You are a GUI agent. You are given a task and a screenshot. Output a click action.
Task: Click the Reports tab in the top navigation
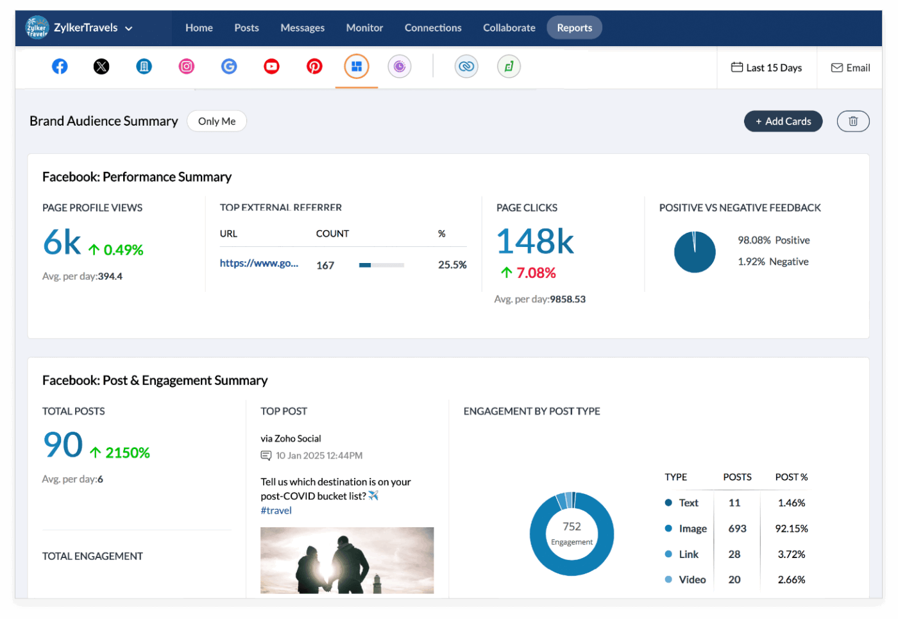tap(574, 28)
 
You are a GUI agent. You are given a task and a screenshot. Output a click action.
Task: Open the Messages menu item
tap(302, 28)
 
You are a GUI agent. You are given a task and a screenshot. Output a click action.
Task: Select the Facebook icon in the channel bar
tap(60, 66)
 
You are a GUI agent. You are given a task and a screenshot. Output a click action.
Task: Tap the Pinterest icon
tap(314, 66)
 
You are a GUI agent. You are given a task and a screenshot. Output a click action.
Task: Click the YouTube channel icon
tap(271, 66)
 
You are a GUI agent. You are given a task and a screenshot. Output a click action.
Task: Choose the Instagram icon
tap(187, 66)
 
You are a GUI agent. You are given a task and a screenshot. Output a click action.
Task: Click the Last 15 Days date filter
tap(767, 67)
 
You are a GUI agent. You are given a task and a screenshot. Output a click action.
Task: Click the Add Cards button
tap(783, 121)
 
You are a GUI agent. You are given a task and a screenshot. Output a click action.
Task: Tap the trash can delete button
tap(852, 121)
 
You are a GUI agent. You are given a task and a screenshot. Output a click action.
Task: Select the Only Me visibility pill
tap(217, 121)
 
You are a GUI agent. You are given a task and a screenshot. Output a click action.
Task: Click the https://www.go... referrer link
tap(258, 263)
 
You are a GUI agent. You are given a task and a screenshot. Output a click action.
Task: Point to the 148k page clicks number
tap(535, 241)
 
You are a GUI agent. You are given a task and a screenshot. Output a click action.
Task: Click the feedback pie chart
tap(695, 252)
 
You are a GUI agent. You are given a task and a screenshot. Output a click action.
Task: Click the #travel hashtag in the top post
tap(276, 511)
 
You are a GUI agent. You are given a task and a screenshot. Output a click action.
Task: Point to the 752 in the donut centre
tap(572, 527)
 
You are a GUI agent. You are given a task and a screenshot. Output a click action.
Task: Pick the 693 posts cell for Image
tap(737, 529)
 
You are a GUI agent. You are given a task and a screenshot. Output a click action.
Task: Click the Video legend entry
tap(691, 580)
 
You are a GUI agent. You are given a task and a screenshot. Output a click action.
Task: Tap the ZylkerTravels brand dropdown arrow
tap(129, 28)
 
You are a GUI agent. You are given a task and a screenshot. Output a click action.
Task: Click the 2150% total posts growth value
tap(127, 453)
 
